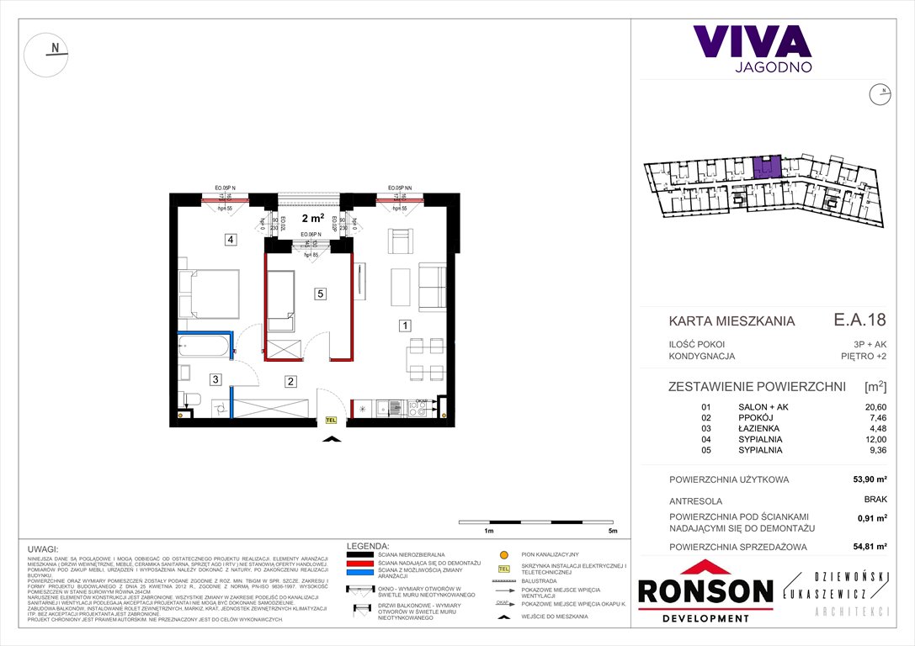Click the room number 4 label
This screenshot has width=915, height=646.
230,240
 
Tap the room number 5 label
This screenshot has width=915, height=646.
320,294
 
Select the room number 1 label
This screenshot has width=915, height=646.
405,326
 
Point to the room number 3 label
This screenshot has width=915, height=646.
215,380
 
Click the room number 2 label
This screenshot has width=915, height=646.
290,381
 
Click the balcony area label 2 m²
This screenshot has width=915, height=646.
308,217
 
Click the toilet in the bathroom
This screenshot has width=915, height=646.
189,399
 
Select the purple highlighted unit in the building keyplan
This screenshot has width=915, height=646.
767,167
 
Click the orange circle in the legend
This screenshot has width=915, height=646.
504,556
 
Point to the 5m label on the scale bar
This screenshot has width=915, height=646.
612,532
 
